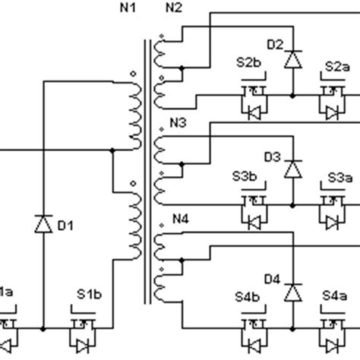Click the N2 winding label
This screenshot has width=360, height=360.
[x=174, y=8]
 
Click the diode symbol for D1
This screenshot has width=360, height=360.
[x=43, y=224]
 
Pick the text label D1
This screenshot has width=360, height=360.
[x=66, y=225]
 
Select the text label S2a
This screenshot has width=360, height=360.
[x=336, y=67]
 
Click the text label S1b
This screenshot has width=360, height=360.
[x=88, y=292]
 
